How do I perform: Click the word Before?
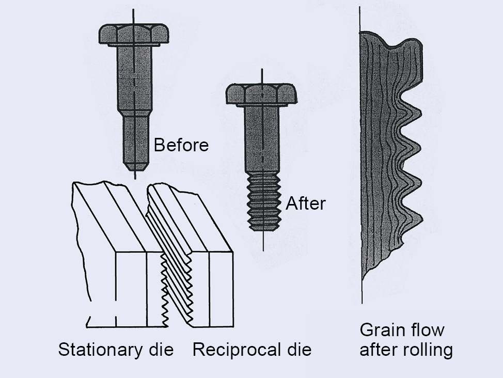(x=181, y=145)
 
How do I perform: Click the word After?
(x=306, y=203)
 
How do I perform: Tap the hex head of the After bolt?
(x=261, y=94)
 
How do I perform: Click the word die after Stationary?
(x=161, y=350)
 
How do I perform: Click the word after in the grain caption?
(x=375, y=350)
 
